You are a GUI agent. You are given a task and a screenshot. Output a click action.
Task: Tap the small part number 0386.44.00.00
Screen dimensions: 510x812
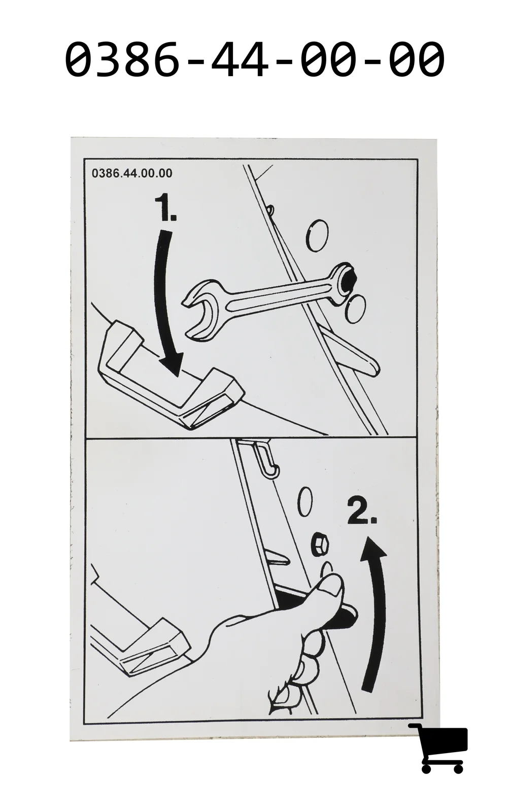point(132,173)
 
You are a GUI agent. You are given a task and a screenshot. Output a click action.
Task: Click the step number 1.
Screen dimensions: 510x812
point(165,207)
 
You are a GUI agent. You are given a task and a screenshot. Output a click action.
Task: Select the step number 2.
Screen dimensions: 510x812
point(362,511)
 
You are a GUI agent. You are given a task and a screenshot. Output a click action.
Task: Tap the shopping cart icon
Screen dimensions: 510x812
point(438,743)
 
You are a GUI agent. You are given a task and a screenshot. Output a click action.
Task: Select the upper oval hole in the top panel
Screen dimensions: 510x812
point(317,235)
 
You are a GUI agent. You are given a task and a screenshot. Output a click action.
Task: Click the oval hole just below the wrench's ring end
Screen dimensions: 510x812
point(355,309)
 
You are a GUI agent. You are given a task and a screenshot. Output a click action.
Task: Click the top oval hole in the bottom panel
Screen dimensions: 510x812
point(305,502)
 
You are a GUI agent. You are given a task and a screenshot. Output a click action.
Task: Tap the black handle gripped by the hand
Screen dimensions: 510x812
point(341,616)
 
